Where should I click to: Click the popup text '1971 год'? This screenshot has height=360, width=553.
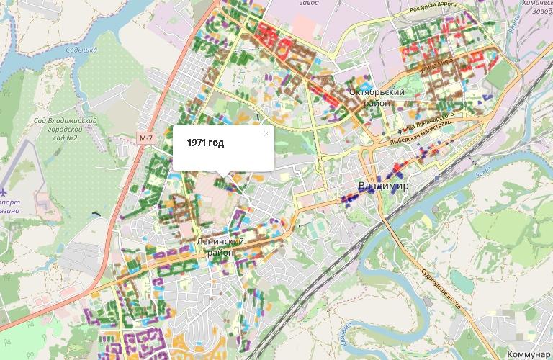[x=205, y=143]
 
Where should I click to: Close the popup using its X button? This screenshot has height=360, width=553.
[x=266, y=133]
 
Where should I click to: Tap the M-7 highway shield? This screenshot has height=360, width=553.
[x=147, y=138]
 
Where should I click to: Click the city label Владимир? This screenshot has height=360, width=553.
[x=383, y=186]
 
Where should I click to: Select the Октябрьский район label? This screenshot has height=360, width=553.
[x=376, y=97]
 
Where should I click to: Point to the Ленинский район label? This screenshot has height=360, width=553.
[x=220, y=246]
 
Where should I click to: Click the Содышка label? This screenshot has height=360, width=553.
[x=81, y=51]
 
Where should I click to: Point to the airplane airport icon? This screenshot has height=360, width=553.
[x=4, y=192]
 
